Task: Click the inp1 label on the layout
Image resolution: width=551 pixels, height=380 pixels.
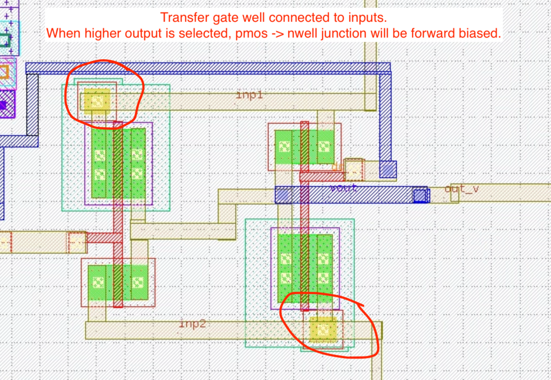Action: point(249,95)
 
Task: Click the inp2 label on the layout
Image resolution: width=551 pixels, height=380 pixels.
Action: point(192,324)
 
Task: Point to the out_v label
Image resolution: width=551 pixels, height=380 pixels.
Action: point(461,189)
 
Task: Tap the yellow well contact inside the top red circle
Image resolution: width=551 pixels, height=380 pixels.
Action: point(97,100)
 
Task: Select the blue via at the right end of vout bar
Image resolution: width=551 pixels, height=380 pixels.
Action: point(420,195)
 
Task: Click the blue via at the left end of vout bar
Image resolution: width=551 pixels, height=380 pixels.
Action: point(282,194)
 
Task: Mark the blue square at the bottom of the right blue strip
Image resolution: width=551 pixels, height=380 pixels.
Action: point(388,169)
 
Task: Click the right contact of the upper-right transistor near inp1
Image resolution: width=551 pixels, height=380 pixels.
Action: point(324,146)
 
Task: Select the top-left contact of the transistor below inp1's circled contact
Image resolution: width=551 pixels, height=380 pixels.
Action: point(100,155)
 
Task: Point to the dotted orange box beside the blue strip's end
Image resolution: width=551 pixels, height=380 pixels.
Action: point(354,170)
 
